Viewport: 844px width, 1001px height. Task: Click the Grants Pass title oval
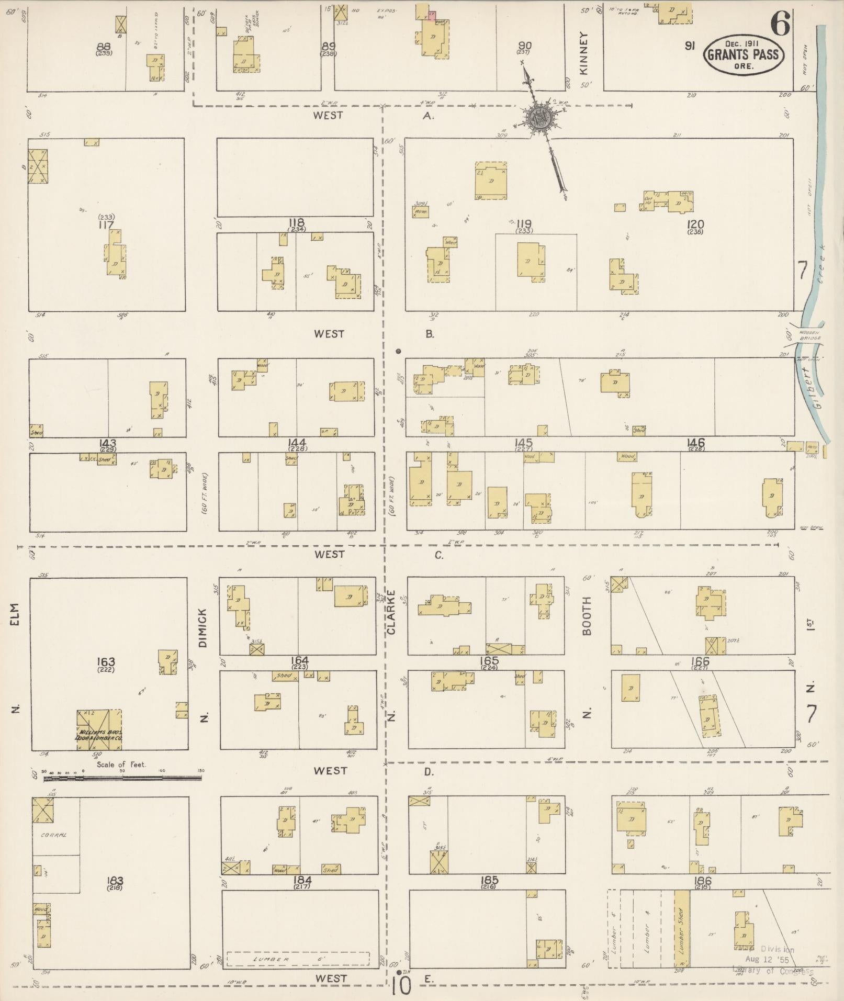[744, 54]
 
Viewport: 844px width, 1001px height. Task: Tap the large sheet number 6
[779, 23]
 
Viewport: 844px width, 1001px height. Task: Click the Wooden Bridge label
[810, 335]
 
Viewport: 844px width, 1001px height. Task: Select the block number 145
[523, 443]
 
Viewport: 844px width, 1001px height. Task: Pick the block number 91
[690, 46]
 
